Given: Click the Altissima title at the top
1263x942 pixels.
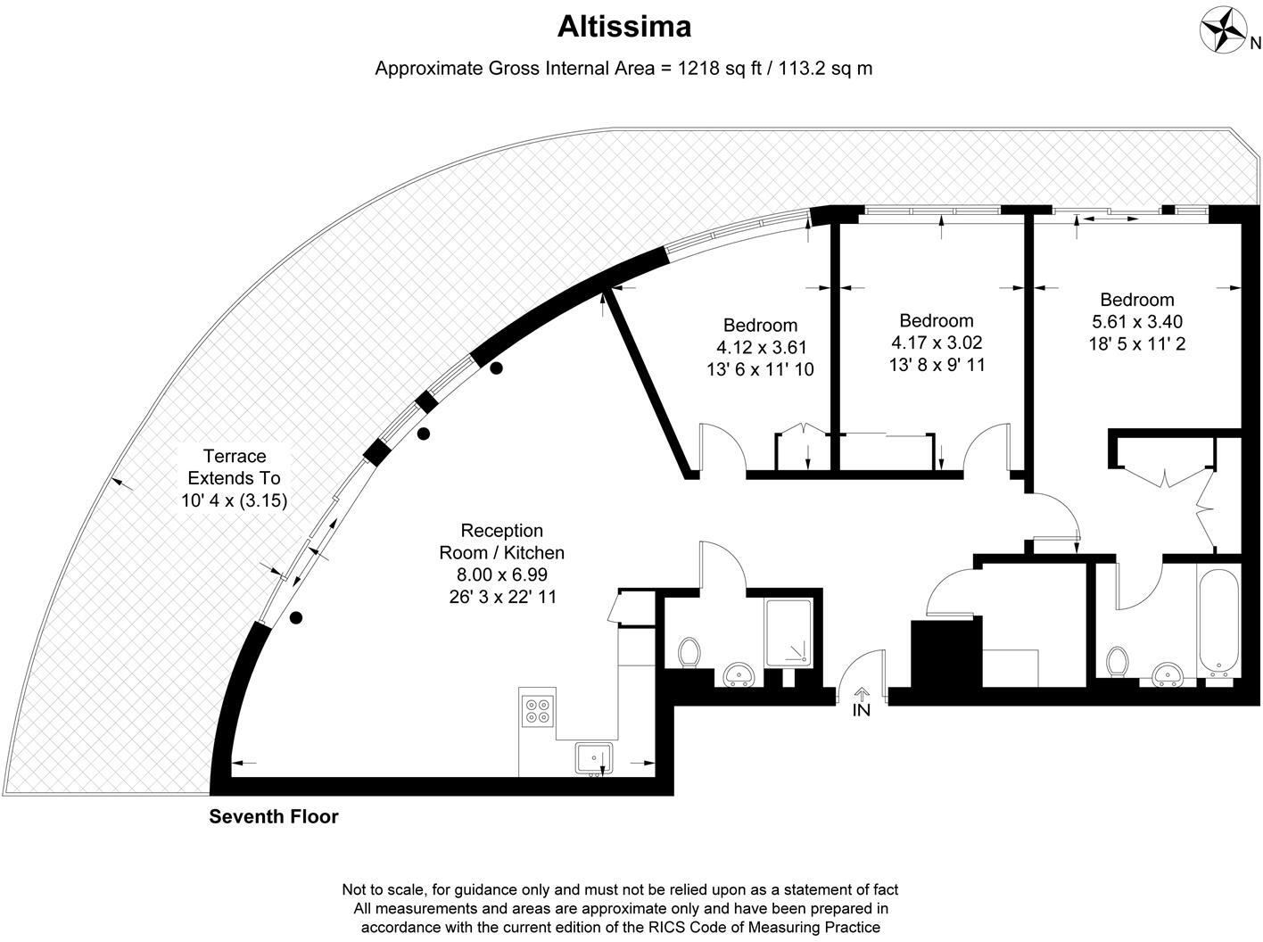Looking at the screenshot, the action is tap(623, 27).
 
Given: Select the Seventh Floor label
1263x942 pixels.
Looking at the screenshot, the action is tap(273, 816).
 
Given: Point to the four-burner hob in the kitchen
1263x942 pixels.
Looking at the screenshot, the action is tap(538, 711).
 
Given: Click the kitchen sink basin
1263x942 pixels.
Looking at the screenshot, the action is tap(594, 758).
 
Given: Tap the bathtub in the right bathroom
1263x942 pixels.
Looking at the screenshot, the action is tap(1218, 622).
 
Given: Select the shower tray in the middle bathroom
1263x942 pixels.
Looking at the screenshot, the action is tap(788, 633).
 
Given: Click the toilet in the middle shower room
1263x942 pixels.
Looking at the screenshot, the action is tap(689, 653).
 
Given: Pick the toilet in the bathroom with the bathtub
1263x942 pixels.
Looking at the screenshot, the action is tap(1117, 662).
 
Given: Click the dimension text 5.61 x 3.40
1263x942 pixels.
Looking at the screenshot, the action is tap(1137, 321).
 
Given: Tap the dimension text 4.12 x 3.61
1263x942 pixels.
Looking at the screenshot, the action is tap(761, 347).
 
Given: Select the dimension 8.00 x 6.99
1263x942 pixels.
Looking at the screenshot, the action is tap(502, 574).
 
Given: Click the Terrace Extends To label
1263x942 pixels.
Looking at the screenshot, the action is tap(235, 467).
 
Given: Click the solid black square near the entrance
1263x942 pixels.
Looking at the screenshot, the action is tap(946, 654).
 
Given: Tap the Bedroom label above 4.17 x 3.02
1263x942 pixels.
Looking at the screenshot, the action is tap(937, 320).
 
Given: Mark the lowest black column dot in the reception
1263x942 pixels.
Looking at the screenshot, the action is tap(296, 618).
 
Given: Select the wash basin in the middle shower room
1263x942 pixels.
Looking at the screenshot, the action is tap(739, 673).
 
